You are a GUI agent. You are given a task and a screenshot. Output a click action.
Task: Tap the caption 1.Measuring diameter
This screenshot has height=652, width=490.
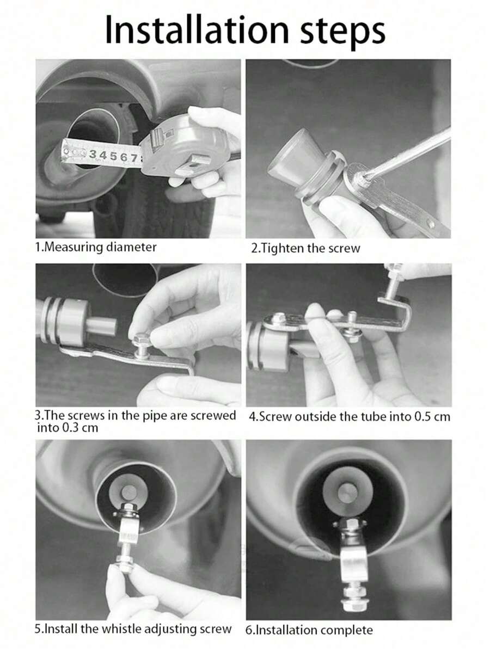point(96,247)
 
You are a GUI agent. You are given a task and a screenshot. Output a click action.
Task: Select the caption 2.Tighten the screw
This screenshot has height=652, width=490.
point(306,248)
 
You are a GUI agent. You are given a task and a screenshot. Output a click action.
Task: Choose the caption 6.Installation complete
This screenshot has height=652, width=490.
point(309,630)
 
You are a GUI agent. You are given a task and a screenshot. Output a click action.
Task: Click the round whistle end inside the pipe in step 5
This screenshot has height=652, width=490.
point(130,493)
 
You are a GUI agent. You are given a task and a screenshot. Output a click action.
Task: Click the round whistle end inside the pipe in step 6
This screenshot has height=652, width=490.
point(348,493)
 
